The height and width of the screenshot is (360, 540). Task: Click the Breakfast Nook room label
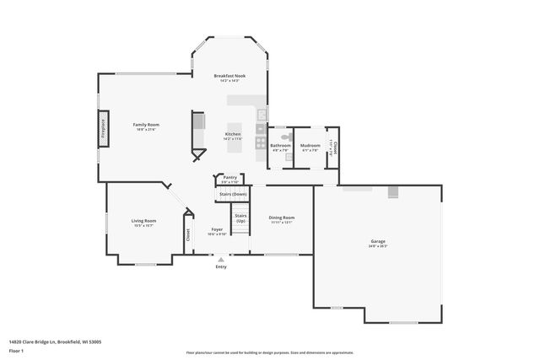(x=229, y=76)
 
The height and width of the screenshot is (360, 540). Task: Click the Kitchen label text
(x=232, y=134)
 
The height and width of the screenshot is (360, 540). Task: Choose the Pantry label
(x=229, y=178)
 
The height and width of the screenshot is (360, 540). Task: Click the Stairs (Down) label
(x=233, y=194)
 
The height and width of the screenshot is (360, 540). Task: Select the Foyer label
(x=217, y=229)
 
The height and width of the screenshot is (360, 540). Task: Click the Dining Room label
(x=281, y=218)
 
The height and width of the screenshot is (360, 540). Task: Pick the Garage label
(x=377, y=242)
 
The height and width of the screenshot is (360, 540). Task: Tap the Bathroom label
(x=280, y=146)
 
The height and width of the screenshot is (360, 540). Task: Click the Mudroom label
(x=310, y=146)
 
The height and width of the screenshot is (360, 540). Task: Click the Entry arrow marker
(x=221, y=259)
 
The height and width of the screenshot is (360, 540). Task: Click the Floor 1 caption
(x=16, y=349)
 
